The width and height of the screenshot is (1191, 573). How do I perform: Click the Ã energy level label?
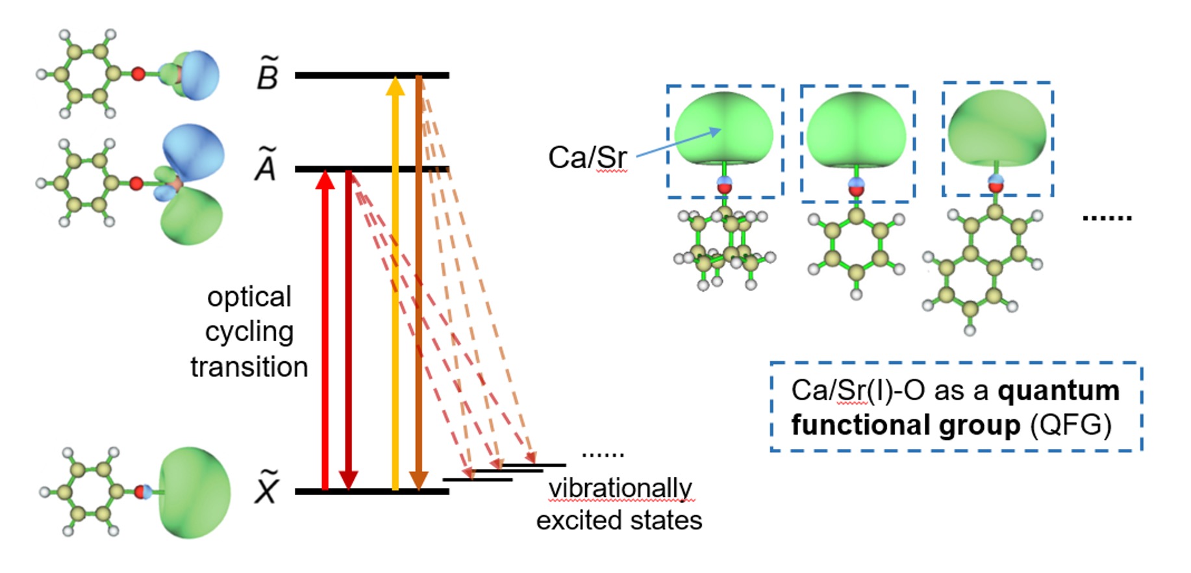[266, 165]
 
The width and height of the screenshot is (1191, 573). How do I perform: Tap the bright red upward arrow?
[325, 329]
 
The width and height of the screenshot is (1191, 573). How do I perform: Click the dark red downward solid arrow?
[349, 329]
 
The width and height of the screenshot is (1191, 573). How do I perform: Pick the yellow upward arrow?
[395, 283]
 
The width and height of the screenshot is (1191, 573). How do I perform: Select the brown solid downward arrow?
[419, 283]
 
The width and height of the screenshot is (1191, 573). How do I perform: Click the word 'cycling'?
[249, 333]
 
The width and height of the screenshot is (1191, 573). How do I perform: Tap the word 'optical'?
[249, 298]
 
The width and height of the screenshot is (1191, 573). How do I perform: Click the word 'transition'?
[249, 367]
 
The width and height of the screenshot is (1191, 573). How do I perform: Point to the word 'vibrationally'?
[620, 488]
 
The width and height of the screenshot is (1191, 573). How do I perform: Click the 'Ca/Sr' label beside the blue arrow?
[588, 157]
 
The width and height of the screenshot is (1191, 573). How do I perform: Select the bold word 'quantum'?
[1059, 391]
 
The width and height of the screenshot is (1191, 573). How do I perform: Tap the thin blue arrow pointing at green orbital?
[679, 143]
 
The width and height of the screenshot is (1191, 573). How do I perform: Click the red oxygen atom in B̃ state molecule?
[138, 73]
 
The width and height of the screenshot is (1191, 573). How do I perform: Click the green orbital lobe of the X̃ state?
[194, 492]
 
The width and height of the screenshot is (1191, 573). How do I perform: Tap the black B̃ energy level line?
[372, 75]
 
